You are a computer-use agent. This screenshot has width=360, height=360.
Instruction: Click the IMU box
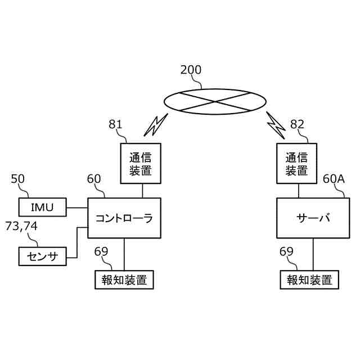tap(43, 207)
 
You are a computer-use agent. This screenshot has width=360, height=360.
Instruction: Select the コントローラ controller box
tap(124, 218)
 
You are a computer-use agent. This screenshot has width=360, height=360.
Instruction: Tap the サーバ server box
tap(313, 218)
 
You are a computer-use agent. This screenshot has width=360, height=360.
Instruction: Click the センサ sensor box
tap(43, 256)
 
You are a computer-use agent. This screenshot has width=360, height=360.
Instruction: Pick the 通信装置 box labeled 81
tap(141, 164)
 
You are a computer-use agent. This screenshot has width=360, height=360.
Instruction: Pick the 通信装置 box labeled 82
tap(296, 164)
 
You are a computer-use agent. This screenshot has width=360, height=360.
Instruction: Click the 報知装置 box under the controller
tap(124, 280)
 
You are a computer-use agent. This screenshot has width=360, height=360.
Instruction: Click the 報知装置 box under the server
tap(309, 280)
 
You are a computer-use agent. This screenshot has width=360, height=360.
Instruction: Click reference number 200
tap(191, 70)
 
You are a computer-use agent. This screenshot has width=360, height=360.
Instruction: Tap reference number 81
tap(115, 124)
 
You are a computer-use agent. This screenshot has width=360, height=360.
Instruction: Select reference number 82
tap(297, 124)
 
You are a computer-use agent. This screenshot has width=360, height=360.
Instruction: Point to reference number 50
tap(17, 179)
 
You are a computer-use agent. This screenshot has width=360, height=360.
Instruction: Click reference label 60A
tap(334, 179)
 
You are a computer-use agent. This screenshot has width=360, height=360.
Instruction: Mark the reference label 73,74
tap(21, 226)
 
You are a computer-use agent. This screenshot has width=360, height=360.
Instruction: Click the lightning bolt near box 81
tap(156, 125)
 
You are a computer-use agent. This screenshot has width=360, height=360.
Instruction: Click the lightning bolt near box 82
tap(276, 125)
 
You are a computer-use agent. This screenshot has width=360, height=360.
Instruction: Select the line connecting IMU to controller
tap(77, 208)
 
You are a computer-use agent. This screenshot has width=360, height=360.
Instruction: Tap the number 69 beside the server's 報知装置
tap(286, 251)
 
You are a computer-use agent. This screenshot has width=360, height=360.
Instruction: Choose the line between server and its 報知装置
tap(313, 254)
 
